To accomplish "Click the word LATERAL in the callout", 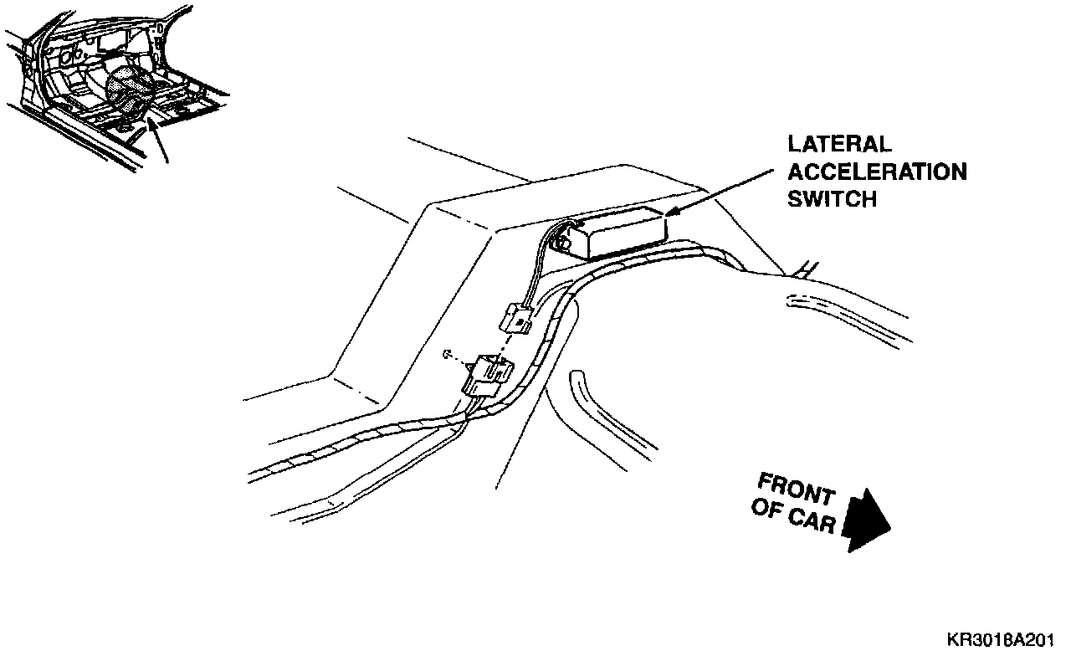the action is pos(839,146).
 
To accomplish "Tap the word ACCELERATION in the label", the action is pos(878,172).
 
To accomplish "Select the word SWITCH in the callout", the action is pos(833,199).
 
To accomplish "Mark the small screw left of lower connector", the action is pos(446,354).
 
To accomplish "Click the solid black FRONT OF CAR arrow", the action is pos(865,520).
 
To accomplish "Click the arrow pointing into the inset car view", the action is pos(158,139).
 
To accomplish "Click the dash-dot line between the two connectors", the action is pos(505,342).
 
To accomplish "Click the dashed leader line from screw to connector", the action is pos(460,360).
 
